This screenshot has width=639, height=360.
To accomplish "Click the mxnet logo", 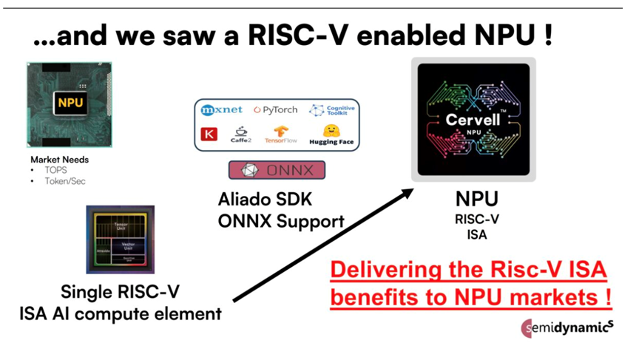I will (223, 109).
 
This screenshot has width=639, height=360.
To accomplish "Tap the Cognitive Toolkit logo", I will (332, 110).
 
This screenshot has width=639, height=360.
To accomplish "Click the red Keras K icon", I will (210, 135).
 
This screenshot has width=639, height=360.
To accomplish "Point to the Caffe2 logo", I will (242, 135).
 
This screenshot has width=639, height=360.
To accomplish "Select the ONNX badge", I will (277, 170).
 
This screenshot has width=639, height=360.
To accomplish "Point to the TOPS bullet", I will (55, 169).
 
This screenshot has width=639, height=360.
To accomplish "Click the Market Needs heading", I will (60, 159).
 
